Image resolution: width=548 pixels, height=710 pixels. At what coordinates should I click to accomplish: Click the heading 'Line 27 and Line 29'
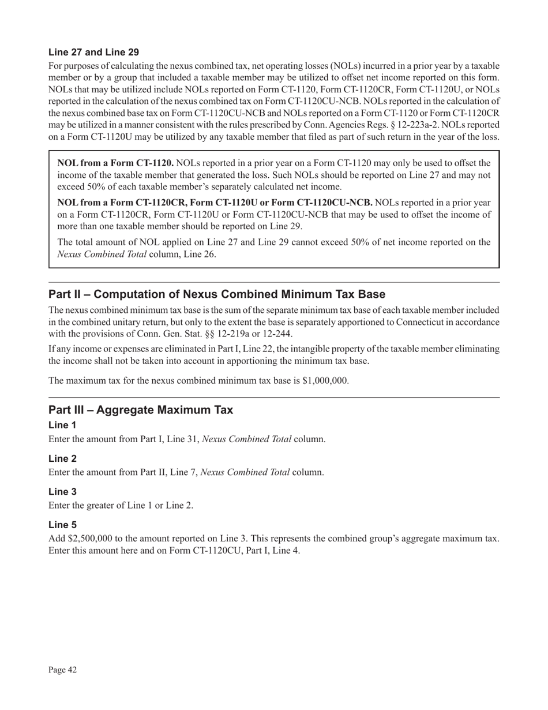(x=93, y=52)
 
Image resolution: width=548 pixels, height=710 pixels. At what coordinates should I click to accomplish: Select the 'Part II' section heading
(x=217, y=294)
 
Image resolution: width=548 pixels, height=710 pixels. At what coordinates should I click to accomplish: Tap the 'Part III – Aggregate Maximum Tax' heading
(x=141, y=410)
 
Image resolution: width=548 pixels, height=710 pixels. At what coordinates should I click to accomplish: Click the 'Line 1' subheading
(x=62, y=425)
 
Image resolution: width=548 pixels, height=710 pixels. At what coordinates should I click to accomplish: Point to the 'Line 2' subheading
(x=62, y=458)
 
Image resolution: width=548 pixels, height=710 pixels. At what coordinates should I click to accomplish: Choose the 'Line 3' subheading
(x=62, y=492)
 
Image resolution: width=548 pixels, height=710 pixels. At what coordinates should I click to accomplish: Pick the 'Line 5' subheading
(x=62, y=525)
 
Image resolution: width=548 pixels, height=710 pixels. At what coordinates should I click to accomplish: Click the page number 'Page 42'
(x=63, y=670)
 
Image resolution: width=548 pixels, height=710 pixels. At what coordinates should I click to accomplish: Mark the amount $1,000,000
(x=325, y=381)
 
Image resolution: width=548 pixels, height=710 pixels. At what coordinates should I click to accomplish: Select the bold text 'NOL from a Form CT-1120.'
(x=115, y=163)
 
